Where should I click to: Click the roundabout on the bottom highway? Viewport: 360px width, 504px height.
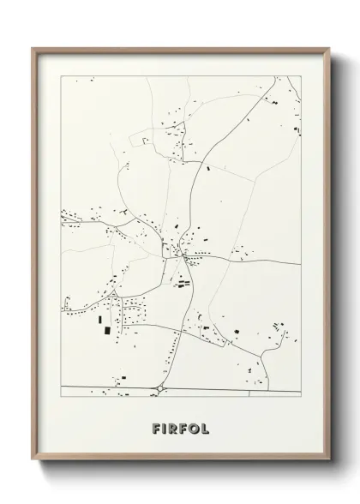click(160, 388)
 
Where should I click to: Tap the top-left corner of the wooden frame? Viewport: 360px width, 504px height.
click(33, 48)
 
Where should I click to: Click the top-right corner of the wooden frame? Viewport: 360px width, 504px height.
click(330, 48)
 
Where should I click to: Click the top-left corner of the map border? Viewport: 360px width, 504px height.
click(61, 76)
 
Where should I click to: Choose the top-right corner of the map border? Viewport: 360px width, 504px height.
click(301, 76)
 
